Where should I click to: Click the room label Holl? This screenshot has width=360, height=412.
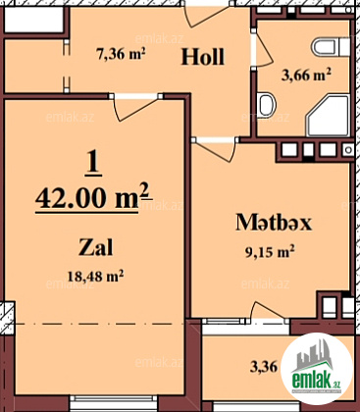(203, 56)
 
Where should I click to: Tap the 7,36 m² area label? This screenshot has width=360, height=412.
(121, 53)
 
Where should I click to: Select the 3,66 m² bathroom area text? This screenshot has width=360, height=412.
(306, 75)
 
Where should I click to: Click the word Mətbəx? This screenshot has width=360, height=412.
(274, 223)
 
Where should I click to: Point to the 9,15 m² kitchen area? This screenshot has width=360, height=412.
(270, 252)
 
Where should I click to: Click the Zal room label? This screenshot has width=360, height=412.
(95, 247)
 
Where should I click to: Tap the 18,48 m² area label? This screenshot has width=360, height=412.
(95, 277)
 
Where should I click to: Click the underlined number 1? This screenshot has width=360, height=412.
(93, 161)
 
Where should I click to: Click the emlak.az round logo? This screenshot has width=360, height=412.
(317, 369)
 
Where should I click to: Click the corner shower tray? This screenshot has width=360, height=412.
(328, 116)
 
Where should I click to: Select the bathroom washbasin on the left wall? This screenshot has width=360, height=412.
(266, 105)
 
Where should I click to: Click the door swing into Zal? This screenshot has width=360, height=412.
(134, 107)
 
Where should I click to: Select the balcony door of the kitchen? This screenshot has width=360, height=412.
(268, 311)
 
